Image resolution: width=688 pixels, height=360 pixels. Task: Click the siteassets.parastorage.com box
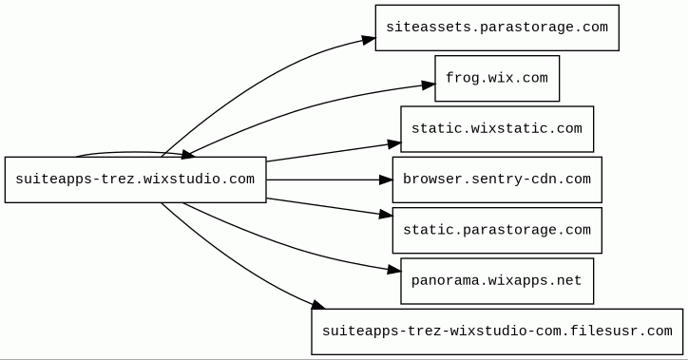pos(497,28)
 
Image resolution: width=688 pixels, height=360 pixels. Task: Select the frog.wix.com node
pos(497,78)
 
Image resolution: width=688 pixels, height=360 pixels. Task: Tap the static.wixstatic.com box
pos(497,129)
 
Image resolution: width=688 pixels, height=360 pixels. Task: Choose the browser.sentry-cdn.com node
pos(497,180)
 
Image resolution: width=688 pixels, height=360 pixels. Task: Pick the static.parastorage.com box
pos(497,230)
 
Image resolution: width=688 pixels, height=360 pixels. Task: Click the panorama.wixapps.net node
pos(497,281)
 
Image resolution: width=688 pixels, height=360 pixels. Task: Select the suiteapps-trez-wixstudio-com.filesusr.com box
pos(497,332)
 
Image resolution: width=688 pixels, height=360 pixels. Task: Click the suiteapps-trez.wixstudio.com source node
pos(136,180)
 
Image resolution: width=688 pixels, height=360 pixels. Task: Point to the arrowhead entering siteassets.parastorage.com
pos(370,40)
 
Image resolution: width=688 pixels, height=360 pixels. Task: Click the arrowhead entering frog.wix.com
pos(429,85)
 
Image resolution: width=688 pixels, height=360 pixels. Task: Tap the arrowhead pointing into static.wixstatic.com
pos(394,143)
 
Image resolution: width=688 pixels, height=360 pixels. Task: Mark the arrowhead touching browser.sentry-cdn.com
pos(386,180)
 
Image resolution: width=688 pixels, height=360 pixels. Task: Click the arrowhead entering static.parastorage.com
pos(386,215)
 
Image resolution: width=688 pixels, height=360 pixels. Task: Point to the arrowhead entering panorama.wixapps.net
pos(394,270)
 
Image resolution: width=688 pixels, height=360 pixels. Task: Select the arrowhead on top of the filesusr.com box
pos(318,304)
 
